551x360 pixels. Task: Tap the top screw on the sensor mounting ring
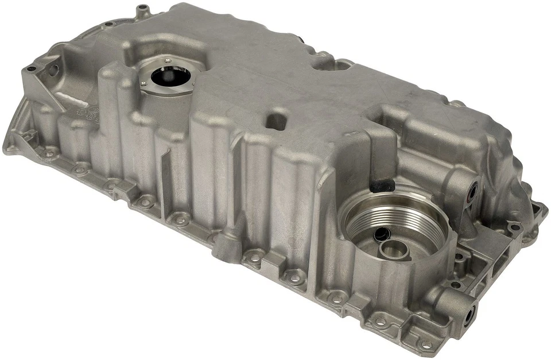(167, 60)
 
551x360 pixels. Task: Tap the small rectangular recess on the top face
(276, 121)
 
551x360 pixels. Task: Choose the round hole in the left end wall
(53, 70)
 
